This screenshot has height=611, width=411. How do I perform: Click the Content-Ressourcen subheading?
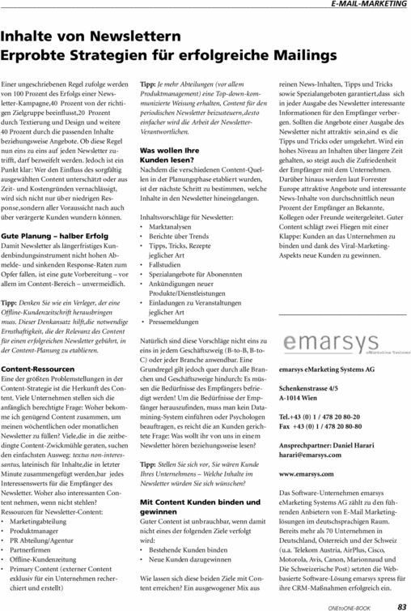pyautogui.click(x=38, y=369)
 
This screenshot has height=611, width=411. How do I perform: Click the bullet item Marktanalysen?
pyautogui.click(x=176, y=250)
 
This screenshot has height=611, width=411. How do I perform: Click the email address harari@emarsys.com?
pyautogui.click(x=309, y=455)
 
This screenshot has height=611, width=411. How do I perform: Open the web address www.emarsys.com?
pyautogui.click(x=306, y=472)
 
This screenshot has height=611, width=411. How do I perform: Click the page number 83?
pyautogui.click(x=401, y=604)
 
